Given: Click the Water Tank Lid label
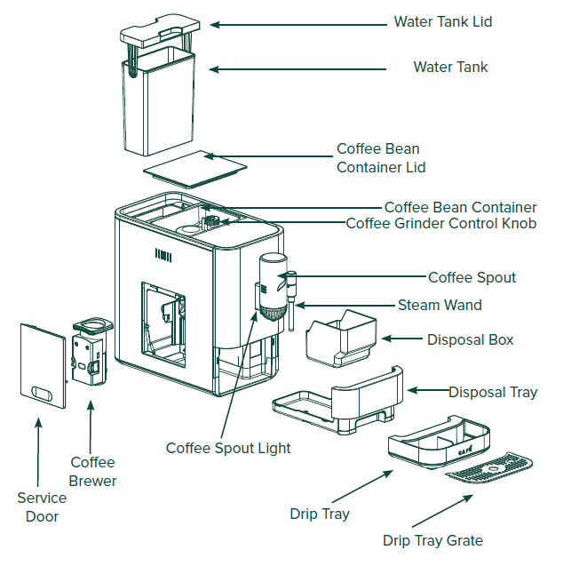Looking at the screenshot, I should point(442,21).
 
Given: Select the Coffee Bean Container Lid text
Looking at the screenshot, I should point(381,158).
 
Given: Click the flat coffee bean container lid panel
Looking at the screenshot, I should point(194,167).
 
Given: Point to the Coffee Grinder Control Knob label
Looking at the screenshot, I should point(440,223).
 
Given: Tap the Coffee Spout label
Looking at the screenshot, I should point(472,277).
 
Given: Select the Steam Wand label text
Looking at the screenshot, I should point(440,305).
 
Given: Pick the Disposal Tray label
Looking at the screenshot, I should point(492,392).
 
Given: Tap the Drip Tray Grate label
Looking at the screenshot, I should point(432,539).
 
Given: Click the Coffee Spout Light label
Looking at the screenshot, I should point(228,448).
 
